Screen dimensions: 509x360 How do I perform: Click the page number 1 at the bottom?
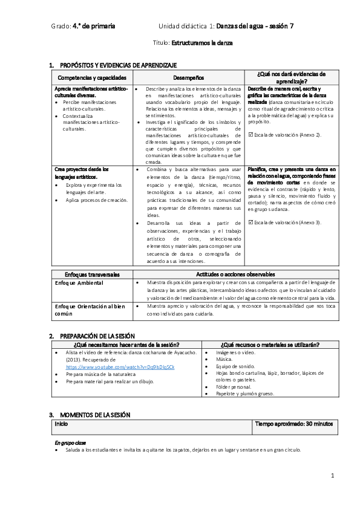(333, 476)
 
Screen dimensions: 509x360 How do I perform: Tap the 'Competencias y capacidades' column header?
(92, 78)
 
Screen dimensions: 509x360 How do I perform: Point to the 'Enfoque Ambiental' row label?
(79, 283)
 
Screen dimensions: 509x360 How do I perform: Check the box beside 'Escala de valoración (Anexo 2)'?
(251, 135)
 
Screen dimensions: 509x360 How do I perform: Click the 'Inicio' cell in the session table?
(61, 424)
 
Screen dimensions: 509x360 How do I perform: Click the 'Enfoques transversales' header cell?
(92, 274)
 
